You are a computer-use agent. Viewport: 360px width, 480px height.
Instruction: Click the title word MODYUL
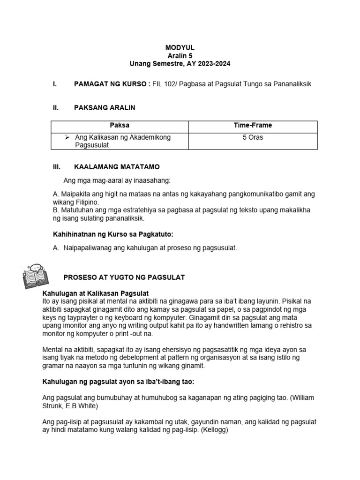click(x=180, y=47)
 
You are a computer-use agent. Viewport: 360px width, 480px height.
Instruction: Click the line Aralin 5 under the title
click(x=180, y=55)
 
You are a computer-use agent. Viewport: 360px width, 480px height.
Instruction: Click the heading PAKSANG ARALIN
click(x=105, y=108)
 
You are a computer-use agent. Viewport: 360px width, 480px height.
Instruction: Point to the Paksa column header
click(x=120, y=126)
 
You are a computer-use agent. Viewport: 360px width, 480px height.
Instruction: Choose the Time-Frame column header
click(x=253, y=126)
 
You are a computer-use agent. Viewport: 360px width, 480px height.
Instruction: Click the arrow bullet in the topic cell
click(x=67, y=137)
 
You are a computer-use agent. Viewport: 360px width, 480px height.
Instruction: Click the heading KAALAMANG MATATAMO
click(x=117, y=167)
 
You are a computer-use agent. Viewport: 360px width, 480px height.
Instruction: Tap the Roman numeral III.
click(x=56, y=167)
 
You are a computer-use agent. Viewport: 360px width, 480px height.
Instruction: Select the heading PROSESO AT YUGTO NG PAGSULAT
click(x=124, y=277)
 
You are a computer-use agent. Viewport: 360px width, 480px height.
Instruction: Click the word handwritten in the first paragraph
click(x=221, y=325)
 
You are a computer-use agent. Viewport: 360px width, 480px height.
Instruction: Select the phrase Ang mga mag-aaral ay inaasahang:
click(x=117, y=181)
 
